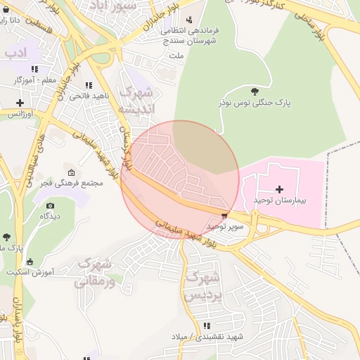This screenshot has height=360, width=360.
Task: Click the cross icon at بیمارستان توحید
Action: tap(280, 189)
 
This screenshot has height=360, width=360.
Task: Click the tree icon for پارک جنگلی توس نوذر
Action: tap(254, 91)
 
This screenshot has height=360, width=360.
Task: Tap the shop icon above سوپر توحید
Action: tap(224, 216)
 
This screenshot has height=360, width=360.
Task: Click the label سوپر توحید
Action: tap(225, 226)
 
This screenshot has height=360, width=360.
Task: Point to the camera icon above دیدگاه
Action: tap(50, 205)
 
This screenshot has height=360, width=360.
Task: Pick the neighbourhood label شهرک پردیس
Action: tap(203, 287)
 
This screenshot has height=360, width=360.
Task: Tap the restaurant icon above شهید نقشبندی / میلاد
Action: tap(207, 326)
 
